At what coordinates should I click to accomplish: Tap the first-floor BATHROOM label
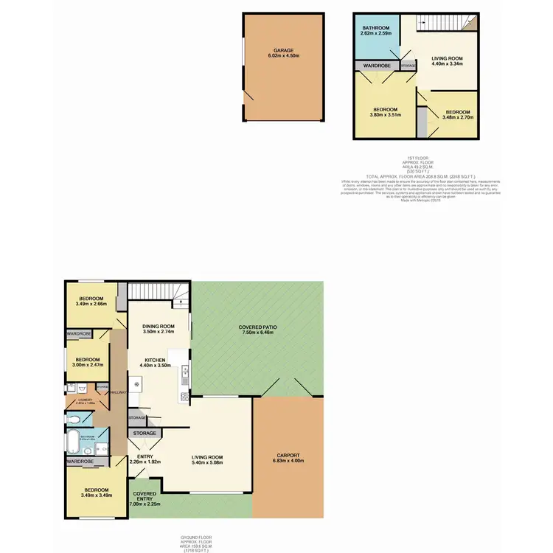coord(375,28)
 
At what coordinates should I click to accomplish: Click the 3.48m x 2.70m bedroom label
coord(457,116)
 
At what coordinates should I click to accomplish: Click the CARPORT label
coord(290,456)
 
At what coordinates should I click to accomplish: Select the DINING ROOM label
coord(159,327)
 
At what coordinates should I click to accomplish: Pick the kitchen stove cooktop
coord(182,398)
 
